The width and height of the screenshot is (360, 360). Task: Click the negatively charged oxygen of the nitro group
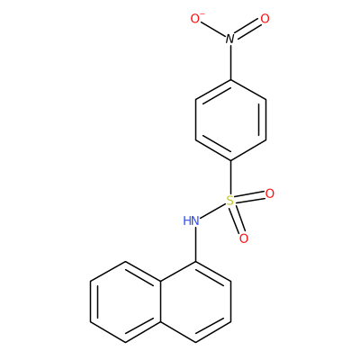pyautogui.click(x=195, y=19)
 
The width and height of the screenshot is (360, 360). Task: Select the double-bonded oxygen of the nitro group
pyautogui.click(x=265, y=19)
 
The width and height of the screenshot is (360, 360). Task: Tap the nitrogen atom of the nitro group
pyautogui.click(x=230, y=39)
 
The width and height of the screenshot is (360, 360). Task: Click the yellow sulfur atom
pyautogui.click(x=230, y=201)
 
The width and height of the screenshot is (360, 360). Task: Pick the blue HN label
pyautogui.click(x=191, y=221)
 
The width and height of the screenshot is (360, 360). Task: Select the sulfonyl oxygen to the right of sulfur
pyautogui.click(x=270, y=193)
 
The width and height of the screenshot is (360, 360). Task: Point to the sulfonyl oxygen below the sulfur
pyautogui.click(x=244, y=238)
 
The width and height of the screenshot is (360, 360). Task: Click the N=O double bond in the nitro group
pyautogui.click(x=247, y=29)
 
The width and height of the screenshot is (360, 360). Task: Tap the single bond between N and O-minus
pyautogui.click(x=213, y=30)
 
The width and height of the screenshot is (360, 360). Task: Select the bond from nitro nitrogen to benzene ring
pyautogui.click(x=230, y=62)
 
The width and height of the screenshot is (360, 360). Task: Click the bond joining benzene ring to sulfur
pyautogui.click(x=230, y=177)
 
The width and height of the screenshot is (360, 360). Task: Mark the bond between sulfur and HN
pyautogui.click(x=213, y=211)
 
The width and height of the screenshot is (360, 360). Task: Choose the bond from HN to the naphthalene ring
pyautogui.click(x=195, y=244)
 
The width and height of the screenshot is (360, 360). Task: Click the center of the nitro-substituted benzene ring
pyautogui.click(x=230, y=120)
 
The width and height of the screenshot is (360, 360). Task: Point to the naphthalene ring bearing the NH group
pyautogui.click(x=195, y=301)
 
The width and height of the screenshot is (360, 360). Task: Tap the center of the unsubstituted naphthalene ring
pyautogui.click(x=125, y=301)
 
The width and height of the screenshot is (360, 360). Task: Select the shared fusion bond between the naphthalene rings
pyautogui.click(x=160, y=301)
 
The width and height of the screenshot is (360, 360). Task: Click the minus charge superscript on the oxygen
pyautogui.click(x=202, y=14)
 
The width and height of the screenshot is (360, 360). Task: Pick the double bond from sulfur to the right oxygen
pyautogui.click(x=250, y=197)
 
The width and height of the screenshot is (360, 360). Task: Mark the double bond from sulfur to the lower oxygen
pyautogui.click(x=237, y=220)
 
